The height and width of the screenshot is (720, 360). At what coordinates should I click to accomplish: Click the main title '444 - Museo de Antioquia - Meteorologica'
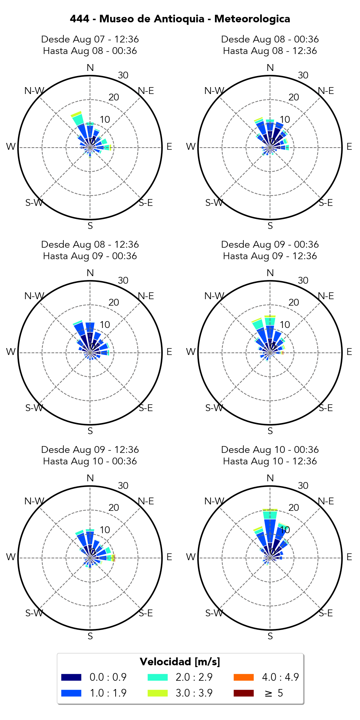[x=180, y=19]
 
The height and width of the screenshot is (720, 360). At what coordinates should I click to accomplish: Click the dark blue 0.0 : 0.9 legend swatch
[x=71, y=677]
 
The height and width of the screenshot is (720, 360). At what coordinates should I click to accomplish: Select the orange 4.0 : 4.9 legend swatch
[x=244, y=677]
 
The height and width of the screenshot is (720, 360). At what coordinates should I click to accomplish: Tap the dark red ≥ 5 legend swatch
[x=244, y=693]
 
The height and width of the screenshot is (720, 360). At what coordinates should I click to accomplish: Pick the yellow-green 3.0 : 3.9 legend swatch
[x=158, y=693]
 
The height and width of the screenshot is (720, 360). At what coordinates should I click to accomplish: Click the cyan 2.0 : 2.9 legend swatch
[x=158, y=677]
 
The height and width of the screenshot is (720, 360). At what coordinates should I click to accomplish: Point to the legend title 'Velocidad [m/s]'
[x=180, y=662]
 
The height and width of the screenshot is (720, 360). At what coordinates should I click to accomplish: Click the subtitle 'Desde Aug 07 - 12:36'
[x=90, y=39]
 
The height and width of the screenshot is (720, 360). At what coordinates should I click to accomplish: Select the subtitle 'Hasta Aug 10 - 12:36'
[x=270, y=461]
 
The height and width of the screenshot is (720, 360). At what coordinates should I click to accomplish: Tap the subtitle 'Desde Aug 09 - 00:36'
[x=270, y=244]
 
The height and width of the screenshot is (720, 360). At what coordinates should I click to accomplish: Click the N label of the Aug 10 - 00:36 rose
[x=270, y=478]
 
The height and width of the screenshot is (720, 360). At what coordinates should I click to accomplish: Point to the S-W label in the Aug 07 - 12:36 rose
[x=34, y=203]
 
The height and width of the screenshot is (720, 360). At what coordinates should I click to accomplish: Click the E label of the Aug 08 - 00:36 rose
[x=349, y=147]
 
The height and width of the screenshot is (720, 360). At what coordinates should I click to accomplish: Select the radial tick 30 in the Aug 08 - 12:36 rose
[x=123, y=280]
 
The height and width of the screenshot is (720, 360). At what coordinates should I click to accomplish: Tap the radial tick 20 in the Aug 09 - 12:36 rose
[x=114, y=508]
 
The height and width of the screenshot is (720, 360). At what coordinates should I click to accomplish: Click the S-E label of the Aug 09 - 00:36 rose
[x=326, y=408]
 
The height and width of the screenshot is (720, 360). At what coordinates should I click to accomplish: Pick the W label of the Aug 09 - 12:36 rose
[x=11, y=557]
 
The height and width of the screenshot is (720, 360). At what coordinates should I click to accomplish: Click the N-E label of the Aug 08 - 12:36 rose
[x=146, y=296]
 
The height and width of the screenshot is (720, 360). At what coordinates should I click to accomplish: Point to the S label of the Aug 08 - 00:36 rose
[x=270, y=226]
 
